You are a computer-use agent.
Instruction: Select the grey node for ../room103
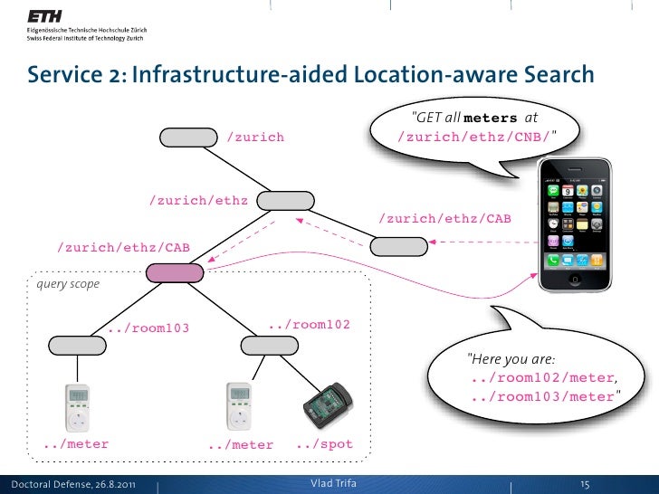[76, 345]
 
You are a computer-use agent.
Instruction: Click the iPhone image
[575, 225]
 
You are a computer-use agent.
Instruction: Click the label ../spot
[323, 444]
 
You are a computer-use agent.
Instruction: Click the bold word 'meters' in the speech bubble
[492, 118]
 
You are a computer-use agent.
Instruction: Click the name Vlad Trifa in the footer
[334, 483]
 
